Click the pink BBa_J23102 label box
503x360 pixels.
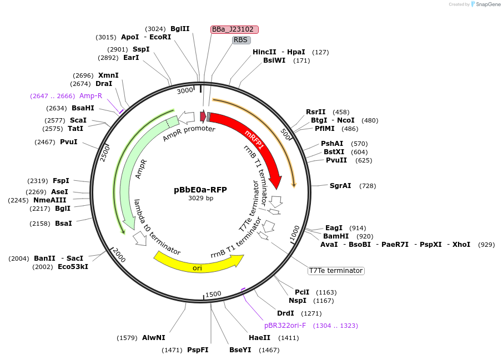(235, 29)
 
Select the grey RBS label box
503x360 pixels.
(241, 40)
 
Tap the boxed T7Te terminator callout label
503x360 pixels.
(336, 271)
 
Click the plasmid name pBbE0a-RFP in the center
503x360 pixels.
(200, 189)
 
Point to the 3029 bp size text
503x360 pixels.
(200, 198)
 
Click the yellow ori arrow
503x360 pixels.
(198, 267)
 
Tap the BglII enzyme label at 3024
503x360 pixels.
(180, 29)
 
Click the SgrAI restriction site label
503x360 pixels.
(340, 186)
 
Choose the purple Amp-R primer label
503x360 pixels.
(90, 96)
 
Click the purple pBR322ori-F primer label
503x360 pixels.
(285, 326)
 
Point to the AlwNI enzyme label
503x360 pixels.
(154, 338)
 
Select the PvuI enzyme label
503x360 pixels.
(69, 142)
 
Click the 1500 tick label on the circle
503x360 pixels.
(213, 294)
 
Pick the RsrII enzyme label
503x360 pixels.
(316, 112)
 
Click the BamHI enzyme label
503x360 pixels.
(336, 236)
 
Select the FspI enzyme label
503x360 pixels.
(61, 181)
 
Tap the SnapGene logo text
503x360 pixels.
(487, 4)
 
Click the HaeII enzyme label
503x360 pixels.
(259, 338)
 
